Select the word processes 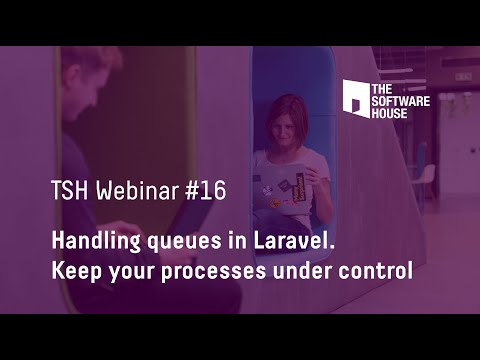221,272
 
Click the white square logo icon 355,97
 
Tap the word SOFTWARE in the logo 401,101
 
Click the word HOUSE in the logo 391,113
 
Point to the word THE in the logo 381,89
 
